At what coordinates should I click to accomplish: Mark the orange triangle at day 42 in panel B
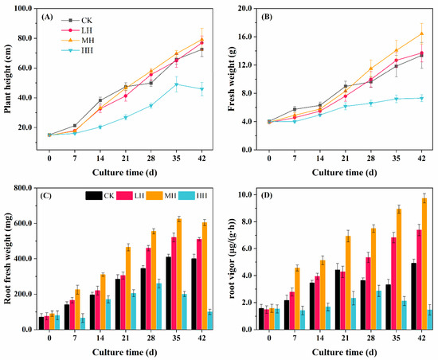click(x=421, y=33)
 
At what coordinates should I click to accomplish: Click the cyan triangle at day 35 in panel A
click(x=177, y=84)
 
